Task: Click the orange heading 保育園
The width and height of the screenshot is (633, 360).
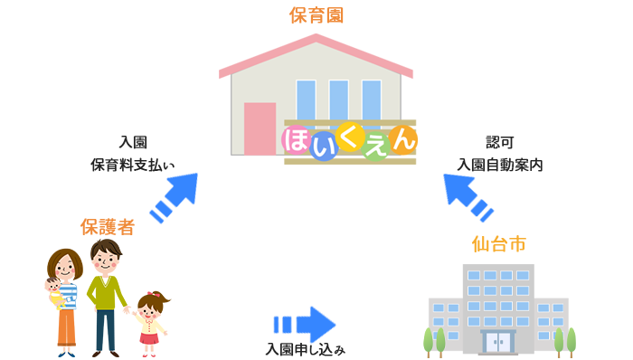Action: click(x=317, y=15)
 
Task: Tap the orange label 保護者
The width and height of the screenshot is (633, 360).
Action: click(x=107, y=226)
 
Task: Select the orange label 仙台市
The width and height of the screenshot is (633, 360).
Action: click(x=499, y=244)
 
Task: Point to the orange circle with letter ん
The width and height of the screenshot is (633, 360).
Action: click(x=404, y=140)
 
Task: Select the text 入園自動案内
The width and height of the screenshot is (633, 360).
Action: click(x=500, y=165)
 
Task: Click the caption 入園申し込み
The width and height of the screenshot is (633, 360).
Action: click(x=305, y=348)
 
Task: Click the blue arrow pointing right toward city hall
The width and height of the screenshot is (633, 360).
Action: click(x=307, y=323)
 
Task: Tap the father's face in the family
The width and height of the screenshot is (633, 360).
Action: click(x=106, y=261)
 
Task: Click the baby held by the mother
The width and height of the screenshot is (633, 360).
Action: click(x=55, y=293)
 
